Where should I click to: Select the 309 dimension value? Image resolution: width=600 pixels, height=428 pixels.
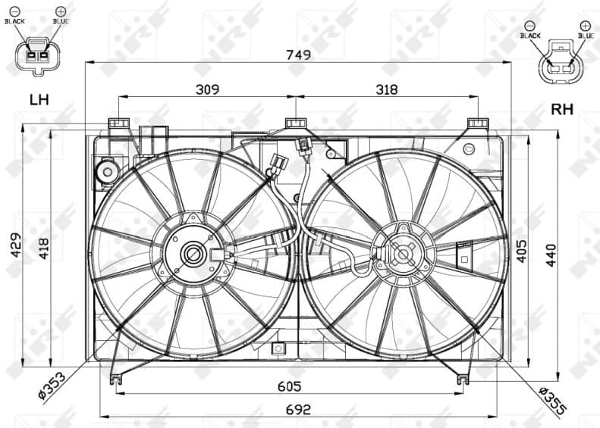pyautogui.click(x=207, y=89)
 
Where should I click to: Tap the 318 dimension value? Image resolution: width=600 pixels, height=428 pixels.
pyautogui.click(x=386, y=89)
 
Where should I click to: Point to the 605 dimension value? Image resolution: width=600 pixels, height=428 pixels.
pyautogui.click(x=289, y=386)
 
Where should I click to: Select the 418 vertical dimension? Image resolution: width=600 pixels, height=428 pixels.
pyautogui.click(x=44, y=244)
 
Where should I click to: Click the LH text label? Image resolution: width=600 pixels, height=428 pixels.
pyautogui.click(x=38, y=99)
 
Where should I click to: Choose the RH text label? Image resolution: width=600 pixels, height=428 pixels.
pyautogui.click(x=561, y=109)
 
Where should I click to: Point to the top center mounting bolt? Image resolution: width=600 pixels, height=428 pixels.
pyautogui.click(x=295, y=123)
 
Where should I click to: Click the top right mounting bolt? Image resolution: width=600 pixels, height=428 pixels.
pyautogui.click(x=477, y=123)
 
